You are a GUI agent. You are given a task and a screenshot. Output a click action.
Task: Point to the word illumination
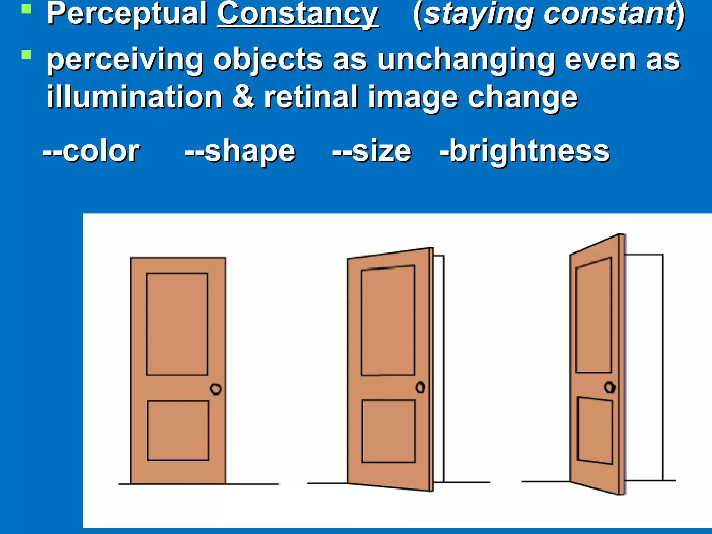135,97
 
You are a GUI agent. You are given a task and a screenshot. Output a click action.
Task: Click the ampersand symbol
243,97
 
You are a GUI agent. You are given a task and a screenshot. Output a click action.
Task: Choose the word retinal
311,97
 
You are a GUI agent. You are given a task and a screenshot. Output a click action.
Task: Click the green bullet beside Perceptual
26,8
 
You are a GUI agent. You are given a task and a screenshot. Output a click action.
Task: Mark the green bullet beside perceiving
26,55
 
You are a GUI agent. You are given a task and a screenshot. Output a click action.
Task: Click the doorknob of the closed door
216,389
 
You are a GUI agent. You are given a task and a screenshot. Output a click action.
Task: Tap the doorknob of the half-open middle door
420,387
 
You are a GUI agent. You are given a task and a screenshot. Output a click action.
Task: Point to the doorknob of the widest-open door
609,387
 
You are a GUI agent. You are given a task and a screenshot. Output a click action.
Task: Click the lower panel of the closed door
178,431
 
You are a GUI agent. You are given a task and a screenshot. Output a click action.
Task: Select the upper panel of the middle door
388,321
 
